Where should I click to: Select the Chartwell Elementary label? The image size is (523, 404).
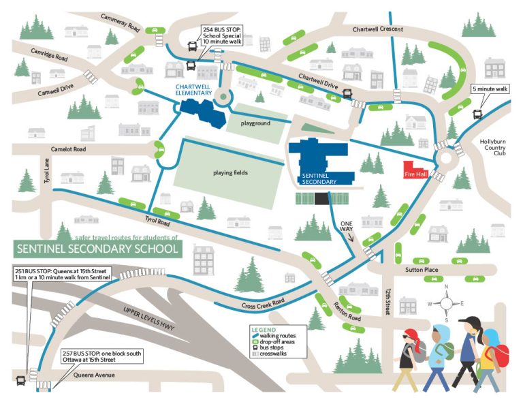click(191, 91)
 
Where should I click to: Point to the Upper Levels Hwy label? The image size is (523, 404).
click(153, 323)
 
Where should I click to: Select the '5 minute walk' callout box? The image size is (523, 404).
click(490, 89)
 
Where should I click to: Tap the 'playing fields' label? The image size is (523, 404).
click(229, 172)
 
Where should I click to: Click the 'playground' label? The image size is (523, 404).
click(255, 123)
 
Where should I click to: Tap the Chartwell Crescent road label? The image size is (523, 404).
click(377, 29)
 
